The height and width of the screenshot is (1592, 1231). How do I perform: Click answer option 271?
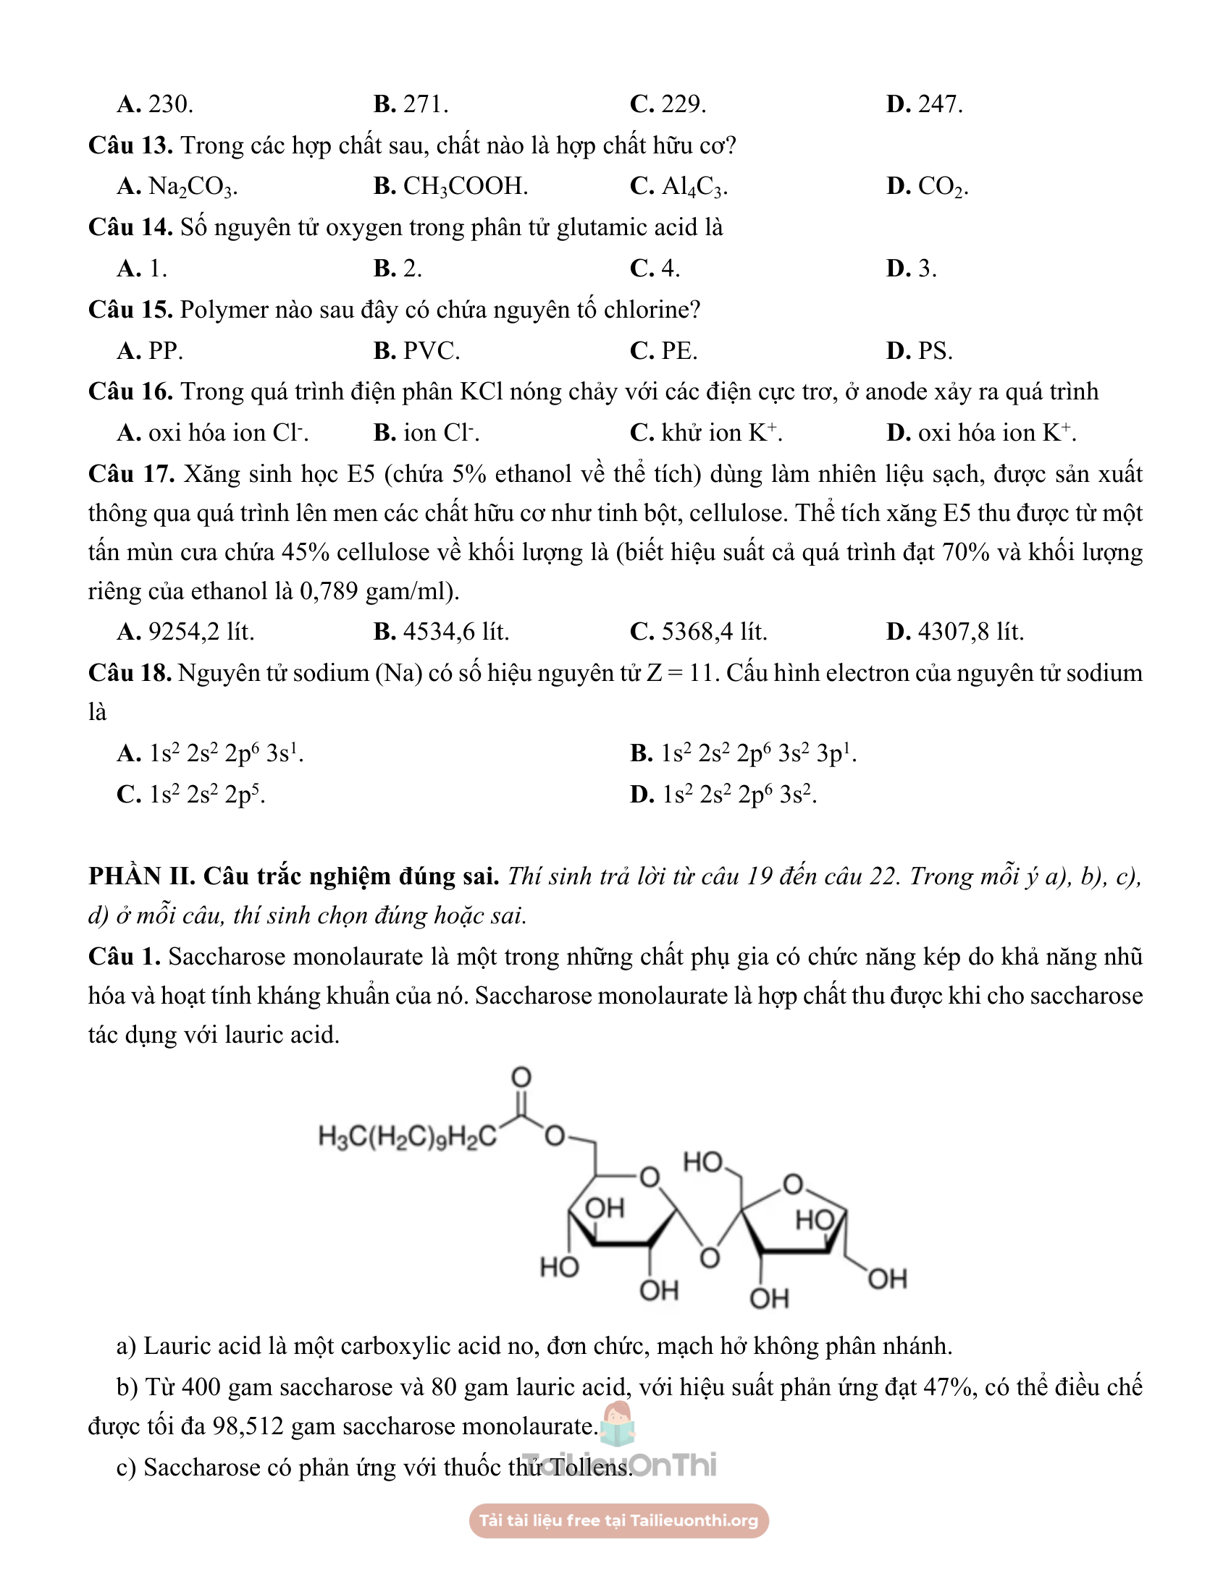click(424, 104)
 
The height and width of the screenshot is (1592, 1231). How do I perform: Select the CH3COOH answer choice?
click(465, 187)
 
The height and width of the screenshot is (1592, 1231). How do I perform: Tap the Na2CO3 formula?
click(192, 187)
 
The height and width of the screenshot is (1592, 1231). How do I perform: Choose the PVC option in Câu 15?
click(431, 352)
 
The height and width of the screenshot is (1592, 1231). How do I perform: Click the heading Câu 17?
click(131, 475)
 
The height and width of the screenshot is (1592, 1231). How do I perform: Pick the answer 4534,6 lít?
click(455, 631)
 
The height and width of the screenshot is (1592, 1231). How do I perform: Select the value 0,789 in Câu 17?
click(328, 590)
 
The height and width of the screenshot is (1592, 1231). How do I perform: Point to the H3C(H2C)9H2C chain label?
click(407, 1136)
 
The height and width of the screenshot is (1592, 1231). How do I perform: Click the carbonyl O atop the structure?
click(521, 1077)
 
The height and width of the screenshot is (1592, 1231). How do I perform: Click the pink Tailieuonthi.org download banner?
click(618, 1520)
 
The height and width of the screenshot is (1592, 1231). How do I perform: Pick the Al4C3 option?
click(694, 187)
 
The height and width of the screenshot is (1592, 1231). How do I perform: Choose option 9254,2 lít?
click(201, 631)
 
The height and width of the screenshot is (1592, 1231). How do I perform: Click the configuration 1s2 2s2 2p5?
click(206, 795)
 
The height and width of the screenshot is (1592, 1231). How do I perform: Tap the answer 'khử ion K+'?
click(720, 433)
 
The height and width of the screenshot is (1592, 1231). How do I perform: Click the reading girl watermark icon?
click(618, 1423)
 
